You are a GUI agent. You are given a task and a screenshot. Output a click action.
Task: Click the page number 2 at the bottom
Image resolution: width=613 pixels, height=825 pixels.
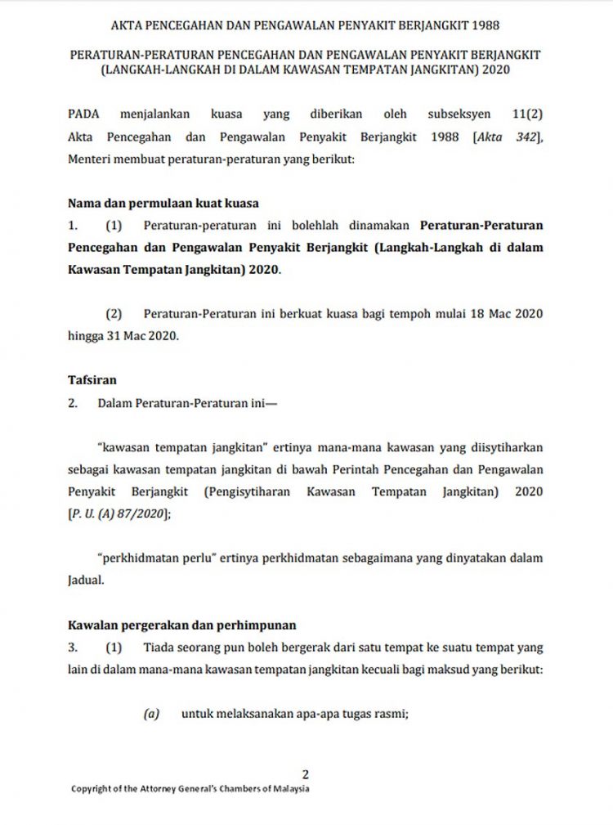pyautogui.click(x=305, y=773)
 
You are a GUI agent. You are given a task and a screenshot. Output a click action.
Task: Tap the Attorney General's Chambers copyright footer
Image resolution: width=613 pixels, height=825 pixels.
pyautogui.click(x=190, y=789)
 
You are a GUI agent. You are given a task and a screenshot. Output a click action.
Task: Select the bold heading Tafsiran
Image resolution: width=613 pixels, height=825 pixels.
pyautogui.click(x=92, y=379)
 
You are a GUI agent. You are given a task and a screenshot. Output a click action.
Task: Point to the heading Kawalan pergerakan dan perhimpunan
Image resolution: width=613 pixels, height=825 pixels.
pyautogui.click(x=181, y=625)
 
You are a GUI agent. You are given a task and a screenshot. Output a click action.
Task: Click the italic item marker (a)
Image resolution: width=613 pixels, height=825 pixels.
pyautogui.click(x=150, y=713)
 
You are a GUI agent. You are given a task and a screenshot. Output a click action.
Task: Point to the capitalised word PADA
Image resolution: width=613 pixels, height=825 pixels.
pyautogui.click(x=83, y=114)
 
